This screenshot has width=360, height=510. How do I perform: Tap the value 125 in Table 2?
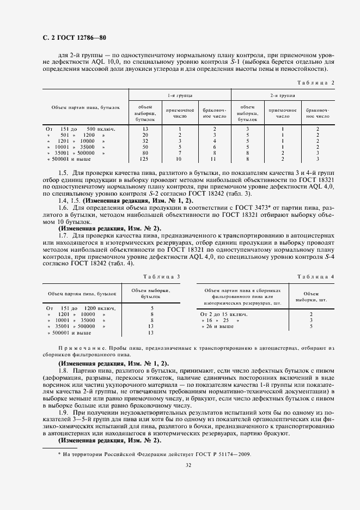coord(145,159)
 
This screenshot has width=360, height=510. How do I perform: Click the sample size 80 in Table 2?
coord(145,153)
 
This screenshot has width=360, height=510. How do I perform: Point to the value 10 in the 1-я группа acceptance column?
coord(179,159)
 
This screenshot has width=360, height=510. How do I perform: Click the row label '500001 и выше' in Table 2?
coord(69,159)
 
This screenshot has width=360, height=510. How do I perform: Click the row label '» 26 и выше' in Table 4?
coord(217,326)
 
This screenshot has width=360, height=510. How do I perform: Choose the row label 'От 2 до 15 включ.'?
coord(224,314)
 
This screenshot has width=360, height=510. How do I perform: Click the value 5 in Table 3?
coord(151,308)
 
